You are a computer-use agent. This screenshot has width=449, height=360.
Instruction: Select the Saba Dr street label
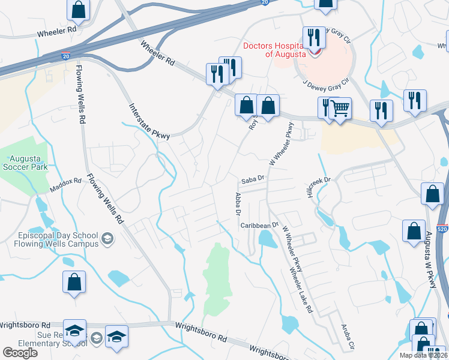(x=253, y=178)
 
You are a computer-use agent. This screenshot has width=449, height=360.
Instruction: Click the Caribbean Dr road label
(x=260, y=225)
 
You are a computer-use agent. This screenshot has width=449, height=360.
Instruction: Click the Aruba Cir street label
(x=346, y=338)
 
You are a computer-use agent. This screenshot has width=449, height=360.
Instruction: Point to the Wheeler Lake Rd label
(x=302, y=290)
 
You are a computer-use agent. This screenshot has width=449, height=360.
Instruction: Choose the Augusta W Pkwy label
(x=430, y=259)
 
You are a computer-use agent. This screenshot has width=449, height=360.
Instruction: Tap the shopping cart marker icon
(x=340, y=109)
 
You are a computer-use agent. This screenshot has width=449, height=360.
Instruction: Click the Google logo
(x=20, y=353)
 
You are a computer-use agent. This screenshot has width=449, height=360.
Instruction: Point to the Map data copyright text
(x=423, y=355)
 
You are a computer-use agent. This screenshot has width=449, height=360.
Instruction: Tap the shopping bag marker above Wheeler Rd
(x=78, y=9)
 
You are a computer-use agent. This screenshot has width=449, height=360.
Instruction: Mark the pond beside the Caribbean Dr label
(x=266, y=241)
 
